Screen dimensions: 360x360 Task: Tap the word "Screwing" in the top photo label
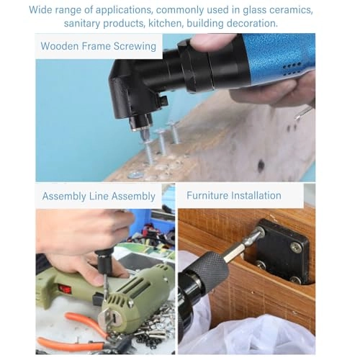coord(133,46)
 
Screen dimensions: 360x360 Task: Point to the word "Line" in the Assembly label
coord(106,196)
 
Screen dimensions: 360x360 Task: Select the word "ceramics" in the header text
coord(292,10)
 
